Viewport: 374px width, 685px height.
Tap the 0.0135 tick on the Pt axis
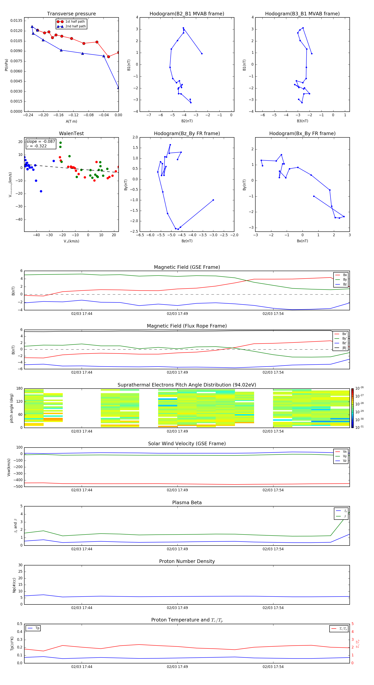pos(16,21)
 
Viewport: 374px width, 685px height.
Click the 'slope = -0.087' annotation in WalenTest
pos(41,142)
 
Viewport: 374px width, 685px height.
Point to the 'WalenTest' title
pos(71,133)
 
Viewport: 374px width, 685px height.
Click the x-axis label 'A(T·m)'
pos(71,121)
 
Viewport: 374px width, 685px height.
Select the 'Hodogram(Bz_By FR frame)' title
pos(187,133)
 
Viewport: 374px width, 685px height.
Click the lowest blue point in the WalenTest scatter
pos(41,191)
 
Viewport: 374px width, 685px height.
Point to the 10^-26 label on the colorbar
pos(359,388)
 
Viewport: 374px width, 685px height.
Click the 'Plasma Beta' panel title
pos(187,503)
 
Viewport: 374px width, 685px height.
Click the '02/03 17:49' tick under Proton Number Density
pos(177,608)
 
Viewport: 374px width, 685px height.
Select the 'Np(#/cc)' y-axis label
pos(14,585)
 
